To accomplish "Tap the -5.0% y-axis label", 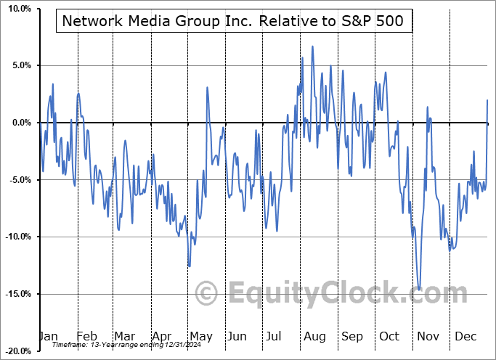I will [17, 180].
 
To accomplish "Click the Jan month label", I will [48, 337].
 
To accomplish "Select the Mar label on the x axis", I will [124, 337].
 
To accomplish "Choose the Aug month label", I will [314, 337].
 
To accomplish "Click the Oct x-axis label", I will [389, 337].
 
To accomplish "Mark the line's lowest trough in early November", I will [420, 290].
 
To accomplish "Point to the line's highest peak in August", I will [313, 46].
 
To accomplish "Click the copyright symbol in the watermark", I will [207, 294].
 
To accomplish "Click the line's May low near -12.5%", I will [189, 266].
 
